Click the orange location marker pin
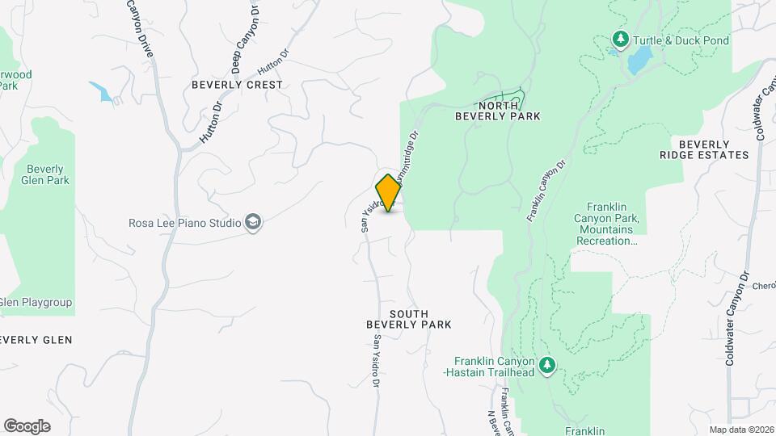[389, 192]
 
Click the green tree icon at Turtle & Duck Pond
[621, 40]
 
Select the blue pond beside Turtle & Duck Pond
[641, 59]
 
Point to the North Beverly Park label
[497, 111]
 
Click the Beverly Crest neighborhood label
[237, 85]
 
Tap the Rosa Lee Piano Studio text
[185, 223]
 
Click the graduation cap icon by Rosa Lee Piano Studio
[254, 223]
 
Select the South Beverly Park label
[408, 319]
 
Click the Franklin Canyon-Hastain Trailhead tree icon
[548, 366]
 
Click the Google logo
[27, 426]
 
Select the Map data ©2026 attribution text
[741, 430]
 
